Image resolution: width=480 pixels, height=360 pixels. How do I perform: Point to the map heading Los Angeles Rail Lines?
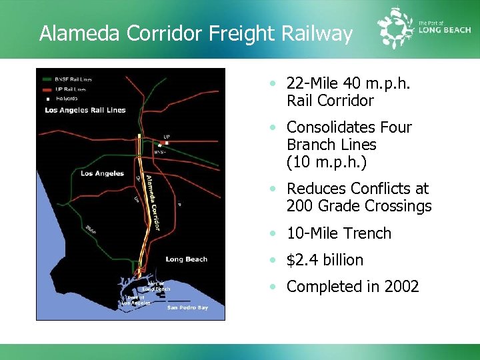pyautogui.click(x=85, y=110)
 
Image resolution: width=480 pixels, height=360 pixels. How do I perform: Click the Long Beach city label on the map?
pyautogui.click(x=186, y=259)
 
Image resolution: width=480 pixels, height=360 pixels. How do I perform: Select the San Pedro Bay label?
pyautogui.click(x=187, y=307)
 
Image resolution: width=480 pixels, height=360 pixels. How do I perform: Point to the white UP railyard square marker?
pyautogui.click(x=166, y=143)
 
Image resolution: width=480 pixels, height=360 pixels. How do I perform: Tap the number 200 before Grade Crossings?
pyautogui.click(x=299, y=206)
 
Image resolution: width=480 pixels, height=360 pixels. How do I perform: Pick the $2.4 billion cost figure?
pyautogui.click(x=325, y=260)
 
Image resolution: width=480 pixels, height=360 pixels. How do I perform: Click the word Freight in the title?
pyautogui.click(x=241, y=33)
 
